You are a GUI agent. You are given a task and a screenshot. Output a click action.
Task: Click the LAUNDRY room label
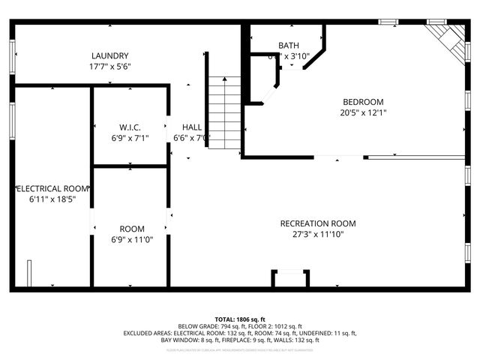coord(110,56)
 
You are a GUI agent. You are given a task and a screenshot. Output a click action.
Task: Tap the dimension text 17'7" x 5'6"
coord(110,67)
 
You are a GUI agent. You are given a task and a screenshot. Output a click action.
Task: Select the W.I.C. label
coord(130,127)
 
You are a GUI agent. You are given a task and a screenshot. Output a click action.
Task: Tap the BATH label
coord(289,46)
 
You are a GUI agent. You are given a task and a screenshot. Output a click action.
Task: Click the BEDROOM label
coord(363,102)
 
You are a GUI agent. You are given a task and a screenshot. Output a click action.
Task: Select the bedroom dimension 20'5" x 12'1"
coord(363,112)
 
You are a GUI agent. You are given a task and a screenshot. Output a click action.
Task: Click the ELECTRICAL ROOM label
coord(53,188)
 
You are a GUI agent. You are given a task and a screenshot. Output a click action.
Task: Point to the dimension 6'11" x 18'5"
coord(53,199)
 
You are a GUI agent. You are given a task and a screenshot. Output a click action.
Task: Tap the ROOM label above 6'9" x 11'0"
coord(132,229)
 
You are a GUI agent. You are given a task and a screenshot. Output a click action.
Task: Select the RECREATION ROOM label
coord(318,223)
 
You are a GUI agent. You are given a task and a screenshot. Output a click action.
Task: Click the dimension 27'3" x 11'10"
coord(318,234)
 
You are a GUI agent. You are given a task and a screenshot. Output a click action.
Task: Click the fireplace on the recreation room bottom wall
coord(289,280)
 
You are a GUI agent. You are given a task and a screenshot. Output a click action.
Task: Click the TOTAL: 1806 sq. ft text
coord(239,319)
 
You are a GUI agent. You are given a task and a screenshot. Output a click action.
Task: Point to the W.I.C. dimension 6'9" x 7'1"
coord(130,138)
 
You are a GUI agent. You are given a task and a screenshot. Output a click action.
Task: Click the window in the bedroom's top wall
coord(388,22)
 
